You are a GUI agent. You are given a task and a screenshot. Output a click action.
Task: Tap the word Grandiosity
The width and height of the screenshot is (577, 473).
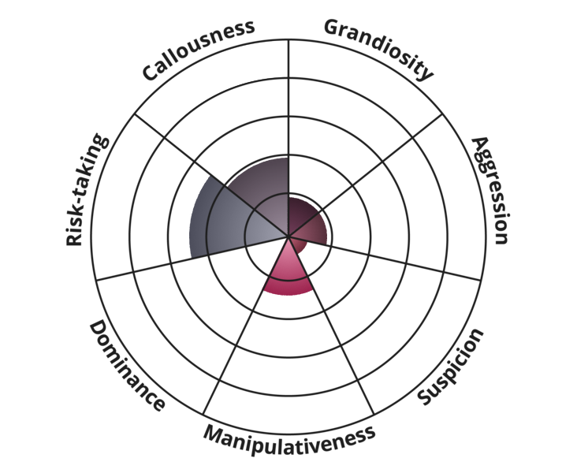pos(379,48)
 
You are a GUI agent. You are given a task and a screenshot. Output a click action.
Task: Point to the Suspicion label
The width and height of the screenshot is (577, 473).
pos(451,367)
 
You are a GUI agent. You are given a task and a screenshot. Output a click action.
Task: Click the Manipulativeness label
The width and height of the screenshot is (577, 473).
pos(289,440)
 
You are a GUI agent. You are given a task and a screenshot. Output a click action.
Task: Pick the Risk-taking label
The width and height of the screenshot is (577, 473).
pos(87,190)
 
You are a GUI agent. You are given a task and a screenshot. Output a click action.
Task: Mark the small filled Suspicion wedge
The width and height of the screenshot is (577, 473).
pos(299,244)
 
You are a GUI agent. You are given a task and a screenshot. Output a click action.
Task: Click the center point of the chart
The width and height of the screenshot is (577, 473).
pos(288,236)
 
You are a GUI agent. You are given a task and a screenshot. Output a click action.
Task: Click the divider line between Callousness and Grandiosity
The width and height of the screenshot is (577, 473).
pos(288,138)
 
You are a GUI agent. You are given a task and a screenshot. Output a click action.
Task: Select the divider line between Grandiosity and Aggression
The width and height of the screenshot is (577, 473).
pos(366,175)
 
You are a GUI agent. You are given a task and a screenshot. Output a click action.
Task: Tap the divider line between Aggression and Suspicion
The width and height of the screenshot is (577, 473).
pos(385,259)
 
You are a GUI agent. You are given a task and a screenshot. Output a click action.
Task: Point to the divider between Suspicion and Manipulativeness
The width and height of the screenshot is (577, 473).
pos(331,326)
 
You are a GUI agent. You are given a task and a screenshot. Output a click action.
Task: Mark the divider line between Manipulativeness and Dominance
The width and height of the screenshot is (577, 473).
pos(246,325)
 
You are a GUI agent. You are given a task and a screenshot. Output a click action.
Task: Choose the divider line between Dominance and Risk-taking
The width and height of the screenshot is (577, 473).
pos(192,259)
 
